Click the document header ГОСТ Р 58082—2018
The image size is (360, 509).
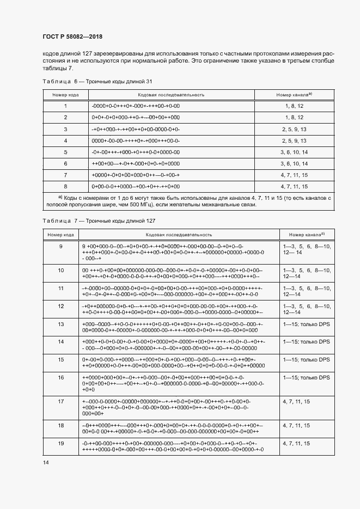72,36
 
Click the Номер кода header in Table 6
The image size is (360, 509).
65,95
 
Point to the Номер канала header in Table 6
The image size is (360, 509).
297,95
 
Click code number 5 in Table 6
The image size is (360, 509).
65,152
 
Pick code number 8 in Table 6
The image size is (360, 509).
65,186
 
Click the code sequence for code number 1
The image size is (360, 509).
136,106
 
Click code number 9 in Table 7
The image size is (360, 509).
61,247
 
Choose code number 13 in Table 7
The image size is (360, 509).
61,324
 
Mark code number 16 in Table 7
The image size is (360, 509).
61,378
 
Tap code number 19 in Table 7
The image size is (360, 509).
61,444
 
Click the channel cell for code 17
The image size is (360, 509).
296,401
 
